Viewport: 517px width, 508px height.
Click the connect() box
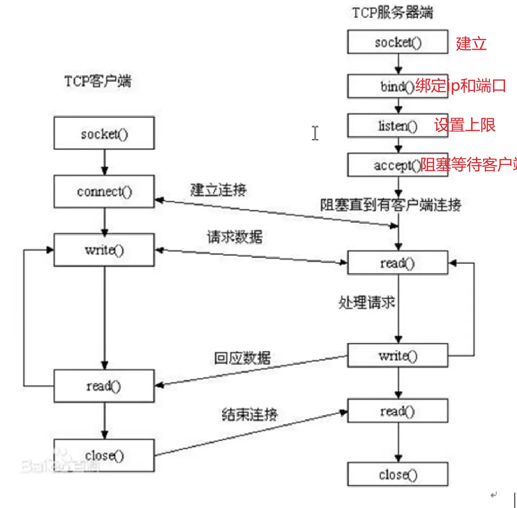(x=104, y=191)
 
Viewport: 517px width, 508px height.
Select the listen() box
(x=397, y=126)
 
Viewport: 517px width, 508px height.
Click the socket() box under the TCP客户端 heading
(x=104, y=133)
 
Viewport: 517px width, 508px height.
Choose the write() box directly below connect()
(x=104, y=250)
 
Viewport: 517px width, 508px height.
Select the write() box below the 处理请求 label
(x=397, y=355)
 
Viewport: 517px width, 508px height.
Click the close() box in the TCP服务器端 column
(x=397, y=474)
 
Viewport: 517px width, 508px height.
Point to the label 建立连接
(x=218, y=190)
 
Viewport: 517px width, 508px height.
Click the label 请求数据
(x=235, y=237)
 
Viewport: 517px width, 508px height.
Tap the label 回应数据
(x=242, y=358)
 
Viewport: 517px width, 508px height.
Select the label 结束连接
(x=249, y=415)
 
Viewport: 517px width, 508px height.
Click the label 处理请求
(x=366, y=303)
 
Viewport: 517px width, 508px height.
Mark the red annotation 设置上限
(x=464, y=125)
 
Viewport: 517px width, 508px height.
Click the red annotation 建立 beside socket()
(x=471, y=44)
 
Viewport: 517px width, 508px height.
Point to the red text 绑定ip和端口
(x=460, y=86)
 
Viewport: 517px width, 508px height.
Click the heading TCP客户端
(x=98, y=81)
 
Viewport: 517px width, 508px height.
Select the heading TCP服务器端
(x=392, y=12)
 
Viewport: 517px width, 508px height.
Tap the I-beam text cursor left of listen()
(x=315, y=133)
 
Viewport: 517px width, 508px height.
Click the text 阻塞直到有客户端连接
(x=390, y=205)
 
